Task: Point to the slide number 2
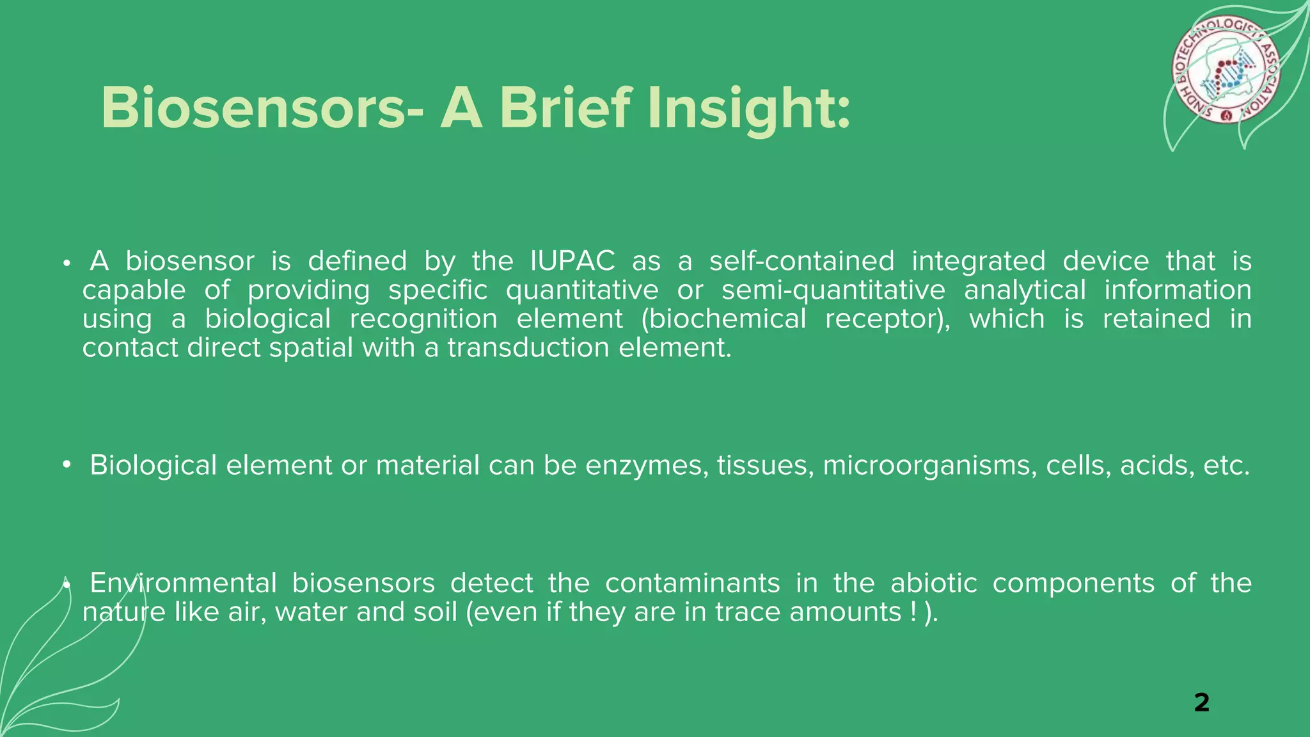1201,702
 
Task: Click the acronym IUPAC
572,261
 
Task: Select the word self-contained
801,261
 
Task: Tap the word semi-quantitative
833,290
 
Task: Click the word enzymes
647,465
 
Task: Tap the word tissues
765,465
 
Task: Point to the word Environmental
183,583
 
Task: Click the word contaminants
692,583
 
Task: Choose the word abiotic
933,583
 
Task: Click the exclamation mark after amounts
912,612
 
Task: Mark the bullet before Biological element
66,466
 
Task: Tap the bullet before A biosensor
66,263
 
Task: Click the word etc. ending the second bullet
1226,465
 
